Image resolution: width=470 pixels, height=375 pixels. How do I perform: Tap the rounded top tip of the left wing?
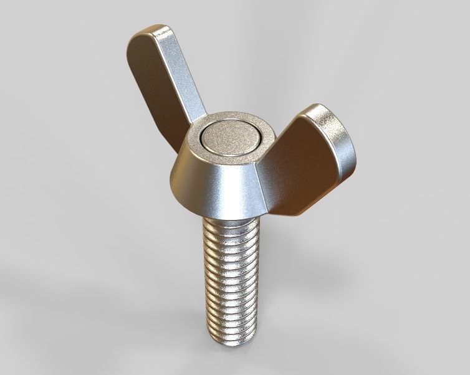(x=150, y=32)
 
